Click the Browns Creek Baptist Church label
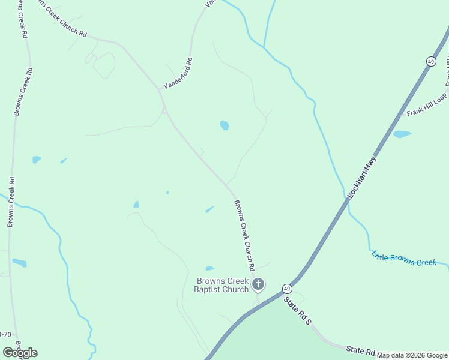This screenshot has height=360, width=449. [222, 285]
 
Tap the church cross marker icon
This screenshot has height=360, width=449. [258, 284]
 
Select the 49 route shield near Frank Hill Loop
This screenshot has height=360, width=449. [431, 61]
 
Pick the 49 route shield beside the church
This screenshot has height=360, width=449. [288, 288]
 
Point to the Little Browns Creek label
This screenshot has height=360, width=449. [403, 259]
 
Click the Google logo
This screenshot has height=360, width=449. [20, 353]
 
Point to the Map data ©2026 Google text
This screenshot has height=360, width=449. [412, 355]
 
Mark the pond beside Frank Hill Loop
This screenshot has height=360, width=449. [402, 134]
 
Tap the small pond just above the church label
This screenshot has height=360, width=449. [209, 268]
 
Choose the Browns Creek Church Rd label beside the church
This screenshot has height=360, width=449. [244, 235]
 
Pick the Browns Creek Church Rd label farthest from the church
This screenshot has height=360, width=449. [60, 20]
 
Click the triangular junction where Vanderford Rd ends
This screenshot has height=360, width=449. [164, 110]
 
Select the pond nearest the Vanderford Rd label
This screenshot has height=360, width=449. [224, 125]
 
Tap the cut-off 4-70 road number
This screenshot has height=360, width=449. [5, 334]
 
